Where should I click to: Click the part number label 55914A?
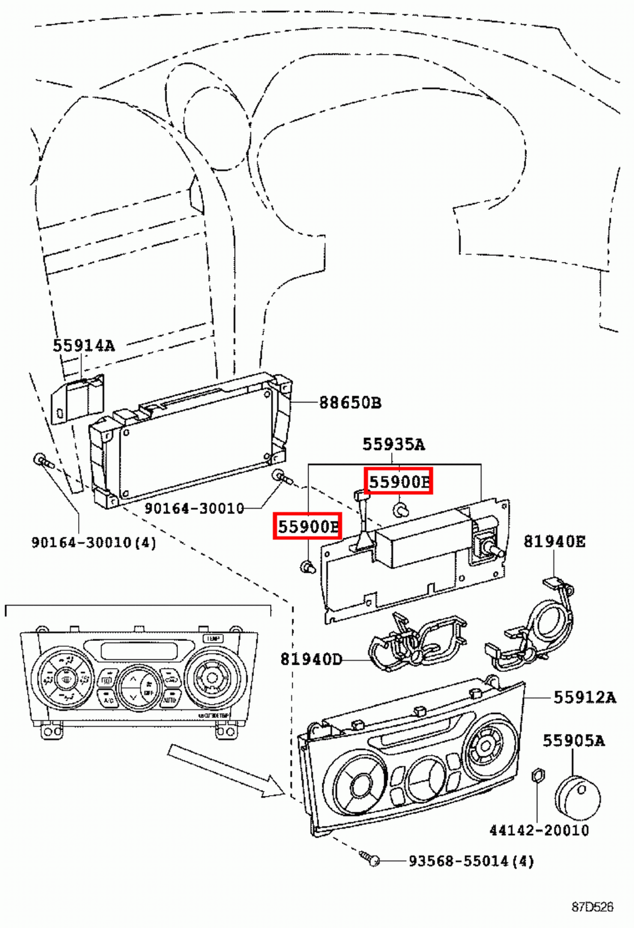tap(84, 346)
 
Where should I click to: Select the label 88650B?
tap(350, 403)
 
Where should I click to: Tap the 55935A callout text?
tap(393, 444)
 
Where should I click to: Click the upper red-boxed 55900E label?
tap(399, 481)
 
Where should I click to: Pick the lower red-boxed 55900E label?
tap(307, 526)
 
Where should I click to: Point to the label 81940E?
tap(554, 542)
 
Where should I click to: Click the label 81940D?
tap(311, 659)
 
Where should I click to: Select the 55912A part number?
tap(584, 697)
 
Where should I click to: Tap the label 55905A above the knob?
tap(573, 741)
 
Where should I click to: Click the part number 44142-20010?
tap(539, 831)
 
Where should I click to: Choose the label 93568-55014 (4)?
tap(471, 861)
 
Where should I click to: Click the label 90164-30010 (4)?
tap(93, 543)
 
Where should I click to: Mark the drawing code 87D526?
tap(592, 907)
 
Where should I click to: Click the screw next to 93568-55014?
tap(370, 858)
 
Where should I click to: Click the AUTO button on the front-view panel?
tap(169, 700)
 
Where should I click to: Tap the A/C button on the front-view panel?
tap(108, 700)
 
